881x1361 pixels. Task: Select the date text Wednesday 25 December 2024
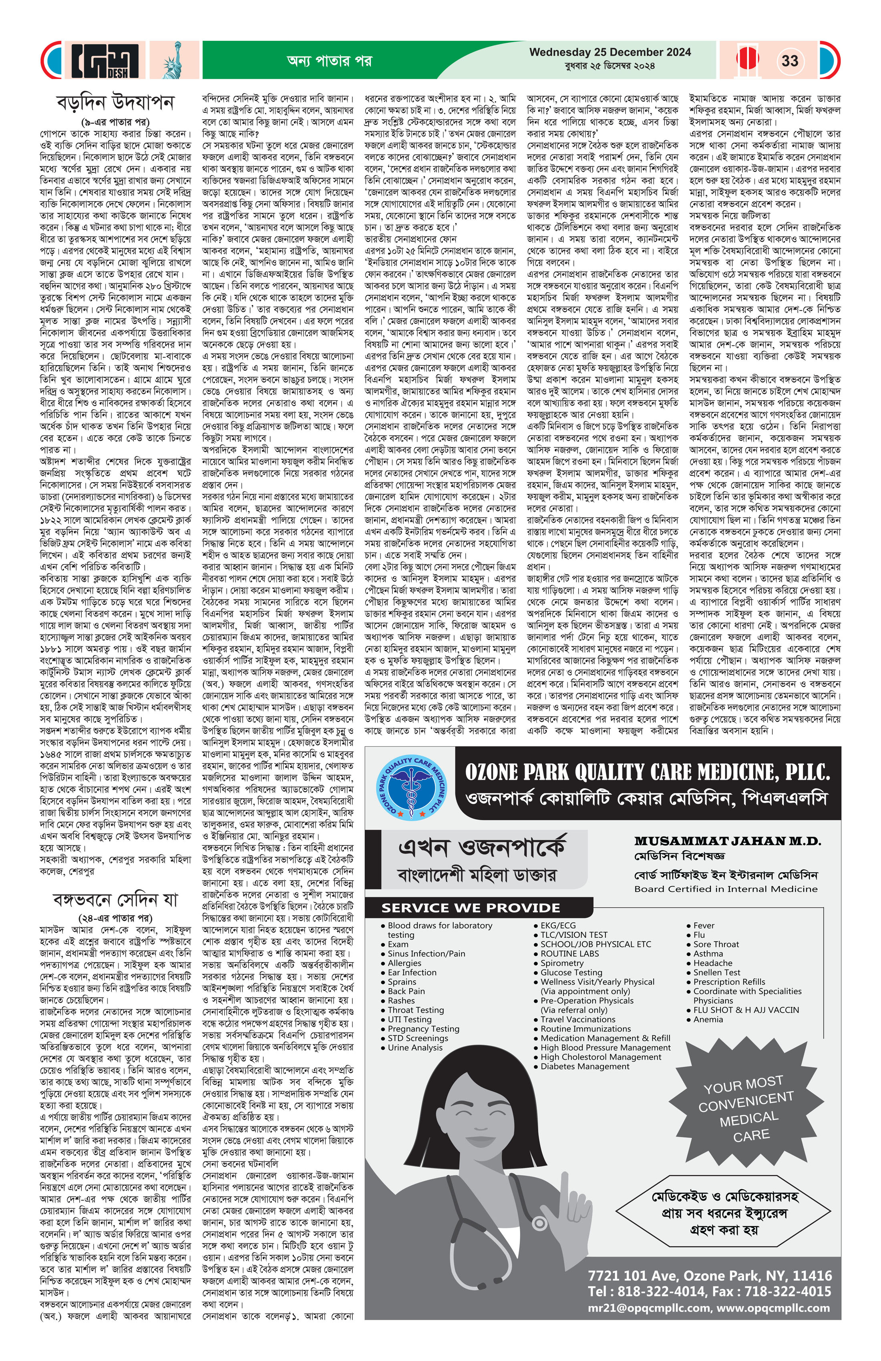610,52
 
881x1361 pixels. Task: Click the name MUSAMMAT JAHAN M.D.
727,841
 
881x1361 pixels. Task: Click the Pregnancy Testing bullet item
423,1029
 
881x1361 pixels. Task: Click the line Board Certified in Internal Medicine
725,889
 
